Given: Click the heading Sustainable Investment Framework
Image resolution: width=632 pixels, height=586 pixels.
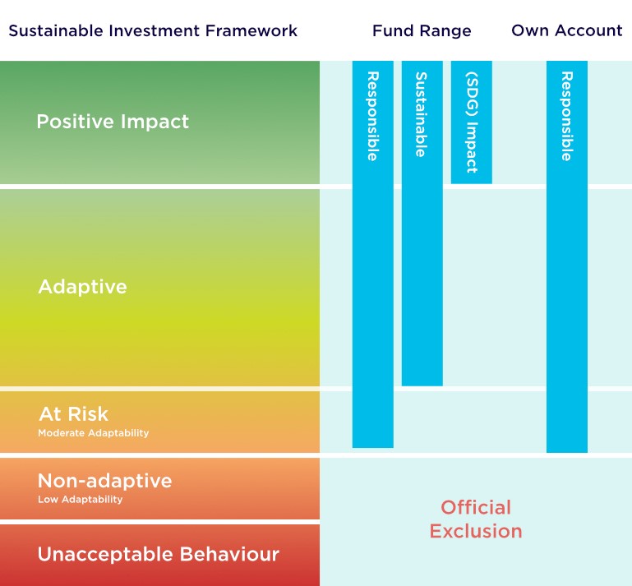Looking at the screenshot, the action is (x=153, y=30).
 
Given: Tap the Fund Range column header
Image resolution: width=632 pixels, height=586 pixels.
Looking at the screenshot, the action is (x=422, y=31).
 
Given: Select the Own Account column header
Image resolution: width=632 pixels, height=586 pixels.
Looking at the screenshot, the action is (x=567, y=30).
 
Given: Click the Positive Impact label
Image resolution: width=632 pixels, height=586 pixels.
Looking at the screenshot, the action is (x=113, y=122).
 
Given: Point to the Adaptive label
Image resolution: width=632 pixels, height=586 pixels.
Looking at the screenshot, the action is (x=83, y=287).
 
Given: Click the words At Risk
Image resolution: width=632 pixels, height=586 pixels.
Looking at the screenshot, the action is (x=74, y=414).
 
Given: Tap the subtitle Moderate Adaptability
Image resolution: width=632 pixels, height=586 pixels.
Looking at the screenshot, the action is (x=94, y=433).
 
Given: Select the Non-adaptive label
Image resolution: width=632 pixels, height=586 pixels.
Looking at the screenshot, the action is (x=105, y=481).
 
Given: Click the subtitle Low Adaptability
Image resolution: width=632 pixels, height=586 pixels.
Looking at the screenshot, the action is (x=81, y=500).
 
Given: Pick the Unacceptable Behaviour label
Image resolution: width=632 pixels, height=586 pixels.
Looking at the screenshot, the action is (x=159, y=554).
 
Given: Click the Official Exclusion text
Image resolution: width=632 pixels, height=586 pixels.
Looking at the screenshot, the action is (x=476, y=519).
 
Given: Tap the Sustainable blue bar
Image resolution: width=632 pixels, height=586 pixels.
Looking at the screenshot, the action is (x=422, y=224).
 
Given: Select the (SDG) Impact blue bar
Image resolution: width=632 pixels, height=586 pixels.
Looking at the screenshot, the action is (x=471, y=122).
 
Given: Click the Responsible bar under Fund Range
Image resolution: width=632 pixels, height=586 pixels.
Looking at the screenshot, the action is (x=373, y=254).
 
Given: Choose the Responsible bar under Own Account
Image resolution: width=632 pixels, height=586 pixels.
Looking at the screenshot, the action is (x=567, y=256).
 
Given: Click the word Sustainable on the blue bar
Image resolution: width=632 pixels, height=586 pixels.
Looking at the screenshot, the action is (x=421, y=114).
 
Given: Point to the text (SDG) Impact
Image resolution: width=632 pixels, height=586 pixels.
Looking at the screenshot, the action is (x=471, y=122).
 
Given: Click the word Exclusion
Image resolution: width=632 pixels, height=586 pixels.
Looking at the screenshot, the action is (x=476, y=531).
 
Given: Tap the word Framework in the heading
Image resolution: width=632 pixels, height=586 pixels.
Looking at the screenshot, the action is (x=251, y=30).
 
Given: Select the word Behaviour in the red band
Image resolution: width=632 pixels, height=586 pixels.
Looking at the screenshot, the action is (x=229, y=554).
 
